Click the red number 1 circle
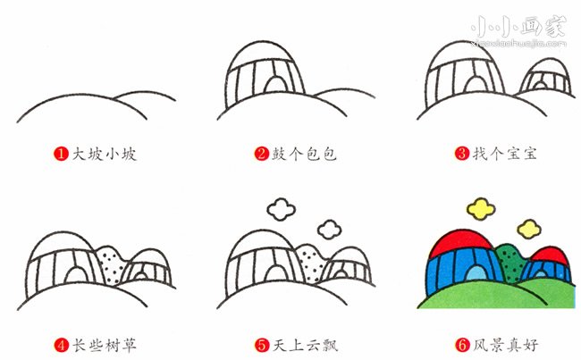[61, 154]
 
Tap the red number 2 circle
[262, 154]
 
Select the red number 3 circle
[462, 154]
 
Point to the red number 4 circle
[61, 345]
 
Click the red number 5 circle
[262, 345]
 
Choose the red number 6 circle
[462, 345]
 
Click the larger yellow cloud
[481, 209]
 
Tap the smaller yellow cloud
[529, 230]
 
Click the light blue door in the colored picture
[476, 273]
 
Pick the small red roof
[551, 255]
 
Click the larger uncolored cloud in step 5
[282, 209]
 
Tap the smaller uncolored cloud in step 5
[330, 230]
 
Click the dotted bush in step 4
[111, 264]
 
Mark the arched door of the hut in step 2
[275, 82]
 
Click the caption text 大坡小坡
[104, 154]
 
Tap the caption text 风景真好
[505, 345]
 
